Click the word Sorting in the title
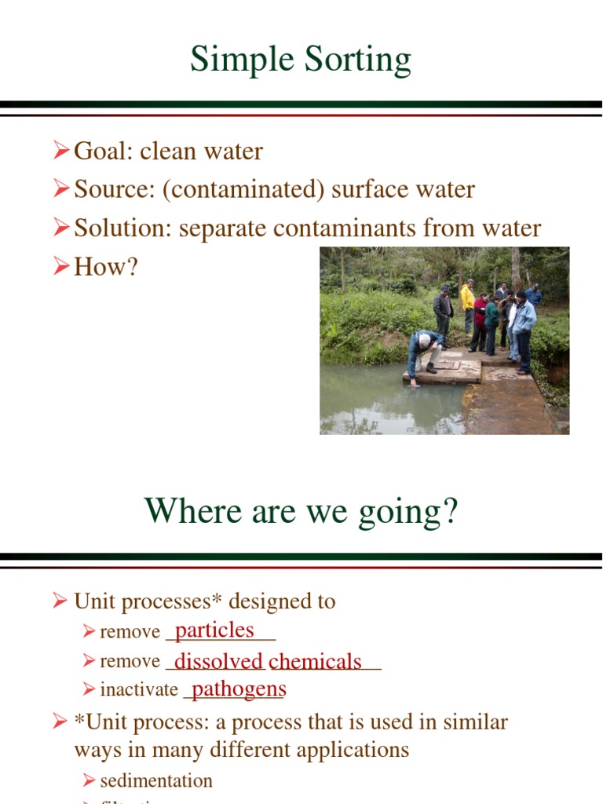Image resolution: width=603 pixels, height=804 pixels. coord(352,60)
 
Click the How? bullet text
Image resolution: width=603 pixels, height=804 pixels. coord(106,266)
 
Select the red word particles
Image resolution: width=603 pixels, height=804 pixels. coord(214,630)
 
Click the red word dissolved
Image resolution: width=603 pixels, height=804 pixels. coord(218,661)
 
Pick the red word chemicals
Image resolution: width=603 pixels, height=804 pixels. coord(315,661)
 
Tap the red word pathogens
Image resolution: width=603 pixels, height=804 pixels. coord(239,689)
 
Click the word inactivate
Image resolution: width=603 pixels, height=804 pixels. coord(139,690)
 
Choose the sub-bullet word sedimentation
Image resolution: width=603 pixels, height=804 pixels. coord(156,780)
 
